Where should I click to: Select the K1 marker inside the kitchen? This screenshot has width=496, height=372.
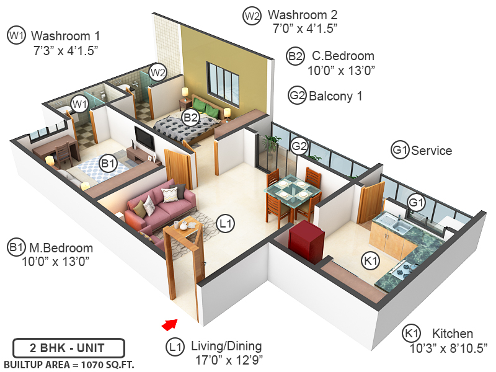[371, 262]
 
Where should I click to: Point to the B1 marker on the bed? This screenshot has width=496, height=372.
[108, 164]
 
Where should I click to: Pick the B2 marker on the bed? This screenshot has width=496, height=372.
[190, 117]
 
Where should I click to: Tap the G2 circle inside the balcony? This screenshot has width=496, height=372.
[299, 146]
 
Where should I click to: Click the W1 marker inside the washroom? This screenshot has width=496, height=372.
[79, 104]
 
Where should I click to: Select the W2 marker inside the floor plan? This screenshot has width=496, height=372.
[158, 72]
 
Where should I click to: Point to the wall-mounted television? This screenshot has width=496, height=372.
[145, 138]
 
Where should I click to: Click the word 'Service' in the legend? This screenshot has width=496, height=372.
[432, 151]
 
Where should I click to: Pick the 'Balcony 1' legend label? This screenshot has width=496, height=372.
[335, 96]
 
